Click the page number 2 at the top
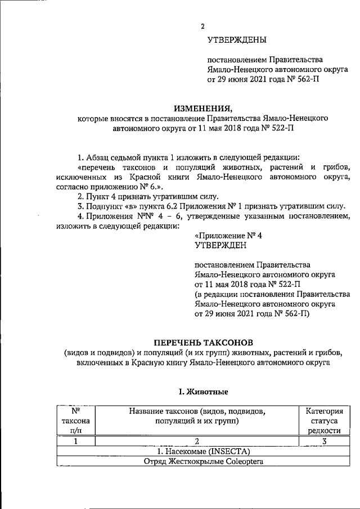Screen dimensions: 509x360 (x=202, y=26)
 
